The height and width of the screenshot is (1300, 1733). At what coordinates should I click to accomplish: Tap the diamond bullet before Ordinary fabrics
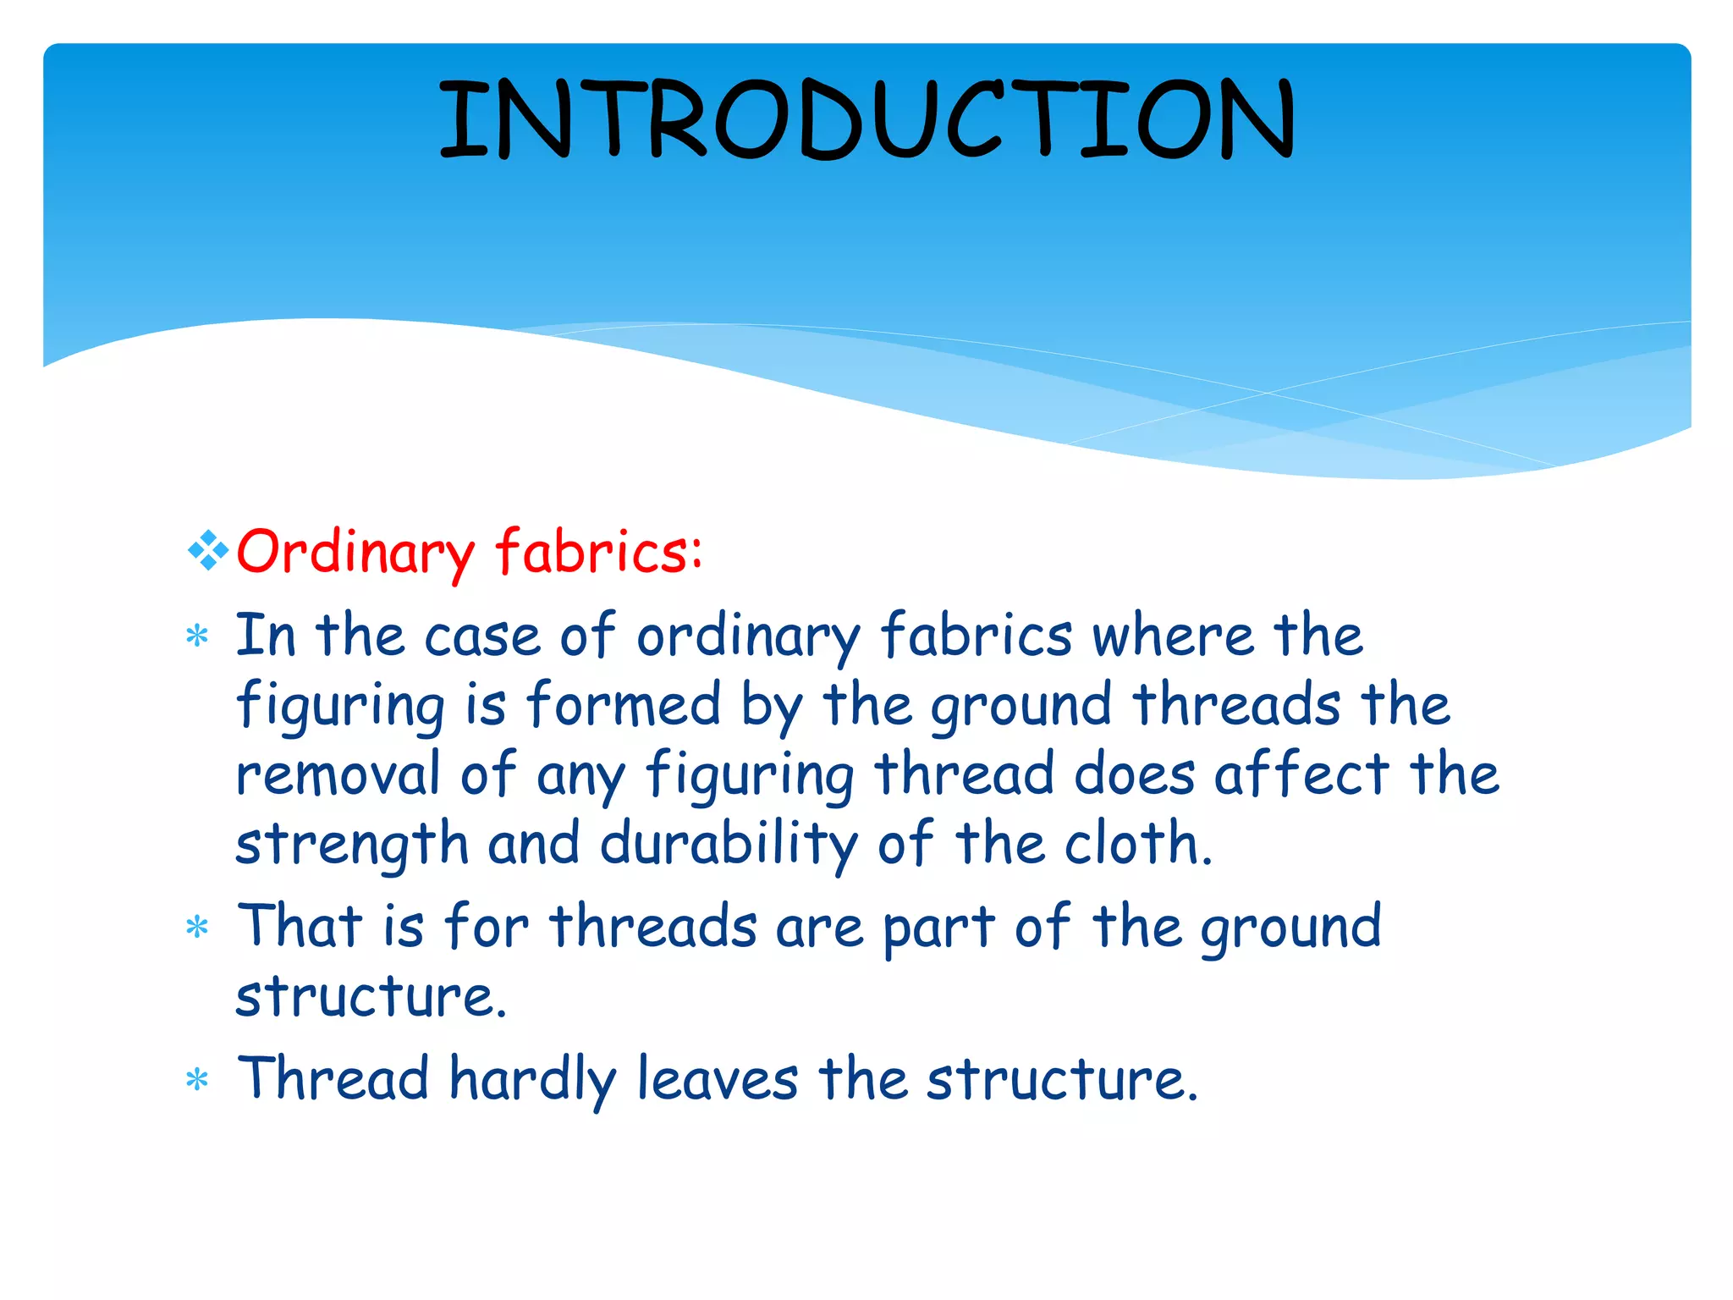coord(208,552)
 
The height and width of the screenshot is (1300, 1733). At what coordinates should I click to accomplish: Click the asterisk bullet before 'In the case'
coord(197,636)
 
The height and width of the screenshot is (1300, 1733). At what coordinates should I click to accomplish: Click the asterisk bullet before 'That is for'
coord(197,928)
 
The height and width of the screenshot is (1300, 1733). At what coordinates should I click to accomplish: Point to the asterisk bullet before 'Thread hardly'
coord(197,1081)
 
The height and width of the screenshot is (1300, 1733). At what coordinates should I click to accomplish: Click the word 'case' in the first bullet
coord(481,636)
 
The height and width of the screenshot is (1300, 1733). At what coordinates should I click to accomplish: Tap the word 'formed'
coord(624,704)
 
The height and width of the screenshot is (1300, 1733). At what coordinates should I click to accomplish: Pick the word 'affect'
coord(1301,774)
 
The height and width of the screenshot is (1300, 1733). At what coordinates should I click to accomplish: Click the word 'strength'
coord(351,845)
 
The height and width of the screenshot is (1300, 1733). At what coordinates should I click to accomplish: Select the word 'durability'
coord(729,845)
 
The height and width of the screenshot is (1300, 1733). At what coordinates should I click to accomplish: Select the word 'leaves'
coord(717,1079)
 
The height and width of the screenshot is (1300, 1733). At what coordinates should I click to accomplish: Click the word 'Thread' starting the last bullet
coord(333,1079)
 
